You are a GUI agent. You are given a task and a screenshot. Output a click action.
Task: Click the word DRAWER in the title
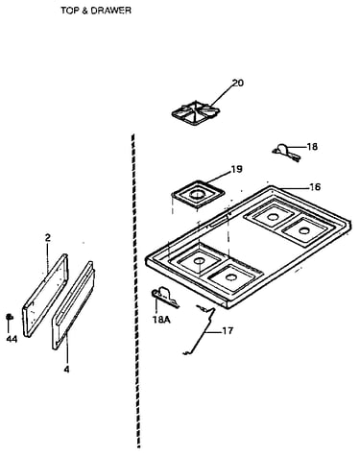[x=110, y=11]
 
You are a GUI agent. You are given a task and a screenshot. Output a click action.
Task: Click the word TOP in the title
[x=69, y=11]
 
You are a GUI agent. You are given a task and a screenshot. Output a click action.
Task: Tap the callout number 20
[x=238, y=83]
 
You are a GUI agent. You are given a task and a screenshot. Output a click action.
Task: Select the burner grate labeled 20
[x=196, y=113]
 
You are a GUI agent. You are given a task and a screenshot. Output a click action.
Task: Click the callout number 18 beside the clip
[x=312, y=147]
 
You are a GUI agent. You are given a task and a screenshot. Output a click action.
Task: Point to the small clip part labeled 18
[x=286, y=153]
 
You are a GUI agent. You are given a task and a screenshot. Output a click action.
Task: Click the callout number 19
[x=236, y=169]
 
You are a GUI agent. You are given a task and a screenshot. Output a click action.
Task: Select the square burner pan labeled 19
[x=198, y=195]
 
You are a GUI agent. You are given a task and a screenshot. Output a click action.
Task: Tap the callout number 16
[x=315, y=186]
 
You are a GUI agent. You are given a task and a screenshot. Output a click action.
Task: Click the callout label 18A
[x=161, y=320]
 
